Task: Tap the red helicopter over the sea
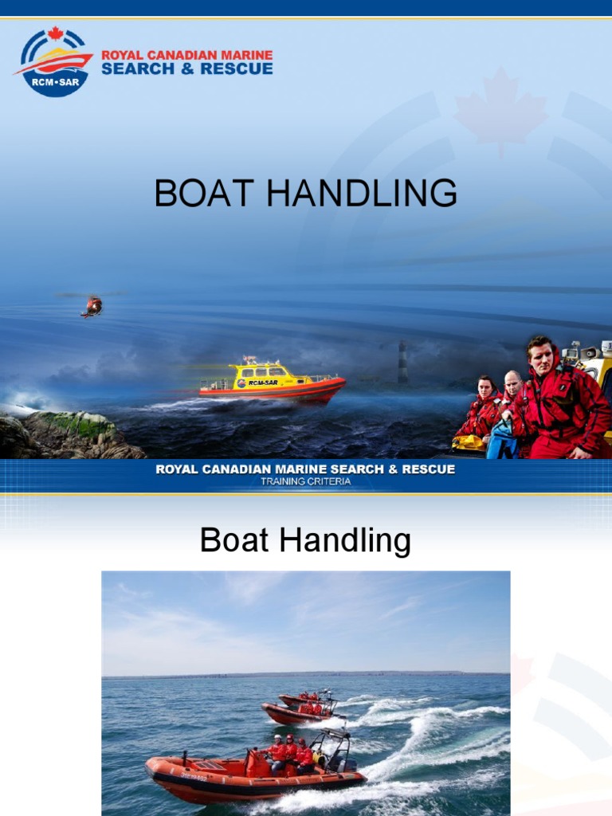(92, 306)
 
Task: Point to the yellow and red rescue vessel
(271, 381)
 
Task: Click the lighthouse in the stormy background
(402, 363)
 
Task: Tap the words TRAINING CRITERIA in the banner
(305, 481)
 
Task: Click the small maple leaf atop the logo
(55, 33)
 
